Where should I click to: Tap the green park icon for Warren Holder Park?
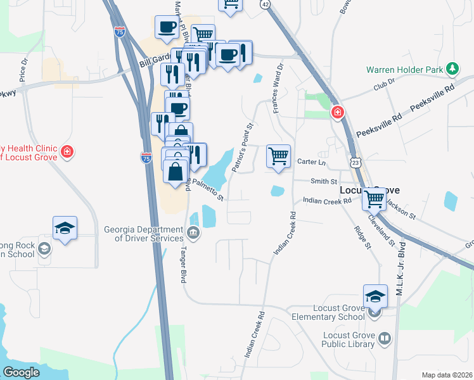pos(452,68)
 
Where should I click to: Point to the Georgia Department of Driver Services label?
pos(150,234)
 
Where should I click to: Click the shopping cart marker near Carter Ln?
pos(279,156)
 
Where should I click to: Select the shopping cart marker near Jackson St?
pos(375,198)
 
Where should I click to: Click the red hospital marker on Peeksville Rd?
pos(338,113)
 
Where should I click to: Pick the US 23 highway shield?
pos(357,163)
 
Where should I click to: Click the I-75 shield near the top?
pos(119,30)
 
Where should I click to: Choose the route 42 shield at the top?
pos(265,4)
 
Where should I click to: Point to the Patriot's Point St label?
pos(242,148)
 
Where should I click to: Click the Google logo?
pos(22,372)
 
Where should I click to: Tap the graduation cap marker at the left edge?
pos(65,228)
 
